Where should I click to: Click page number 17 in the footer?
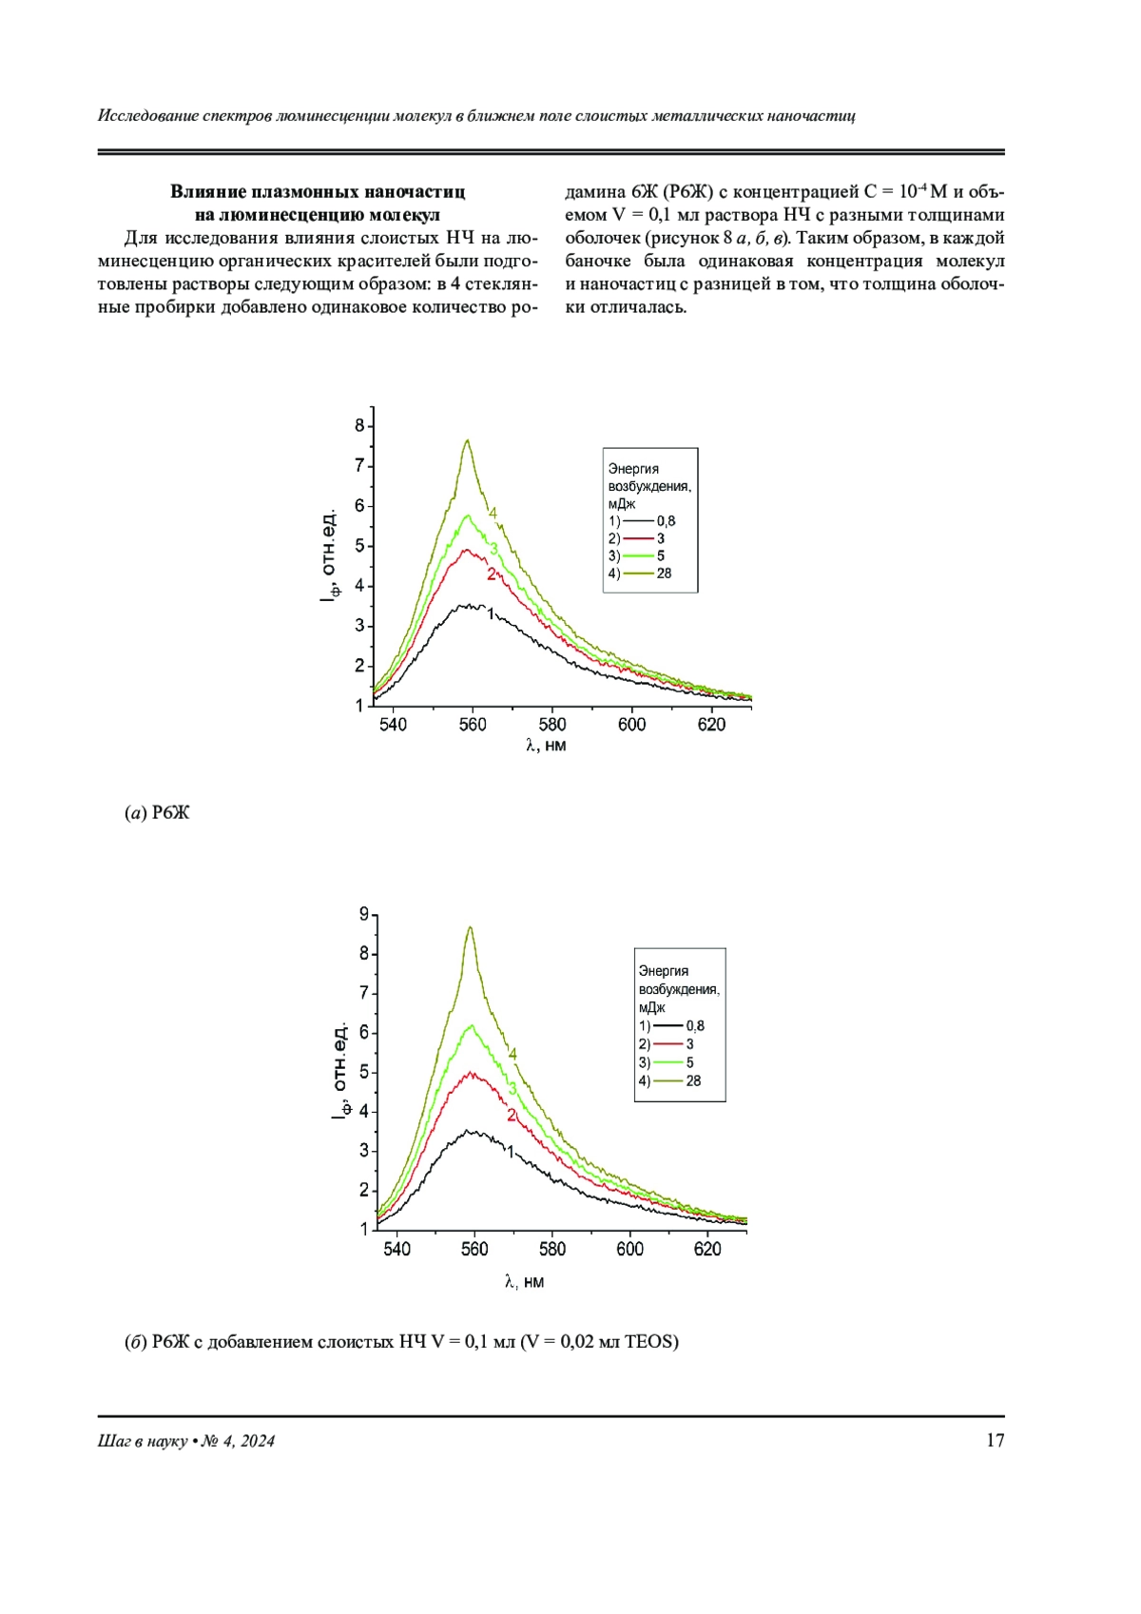pyautogui.click(x=995, y=1440)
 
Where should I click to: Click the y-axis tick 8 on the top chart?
pyautogui.click(x=360, y=426)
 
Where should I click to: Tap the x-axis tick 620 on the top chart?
pyautogui.click(x=711, y=725)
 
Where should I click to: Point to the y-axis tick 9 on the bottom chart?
pyautogui.click(x=364, y=914)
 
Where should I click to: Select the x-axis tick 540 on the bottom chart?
pyautogui.click(x=396, y=1249)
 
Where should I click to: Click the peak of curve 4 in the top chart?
pyautogui.click(x=467, y=440)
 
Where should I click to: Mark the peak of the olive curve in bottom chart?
pyautogui.click(x=470, y=927)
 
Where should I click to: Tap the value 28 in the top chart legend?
pyautogui.click(x=664, y=574)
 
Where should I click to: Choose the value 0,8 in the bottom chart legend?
pyautogui.click(x=695, y=1025)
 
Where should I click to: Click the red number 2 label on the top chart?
pyautogui.click(x=492, y=574)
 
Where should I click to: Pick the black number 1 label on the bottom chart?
pyautogui.click(x=511, y=1152)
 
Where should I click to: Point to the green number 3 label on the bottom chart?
pyautogui.click(x=512, y=1089)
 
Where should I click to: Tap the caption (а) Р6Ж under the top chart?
pyautogui.click(x=157, y=812)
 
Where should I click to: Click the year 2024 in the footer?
pyautogui.click(x=257, y=1441)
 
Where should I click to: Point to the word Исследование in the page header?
pyautogui.click(x=147, y=116)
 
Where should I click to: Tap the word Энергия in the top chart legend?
pyautogui.click(x=633, y=468)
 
